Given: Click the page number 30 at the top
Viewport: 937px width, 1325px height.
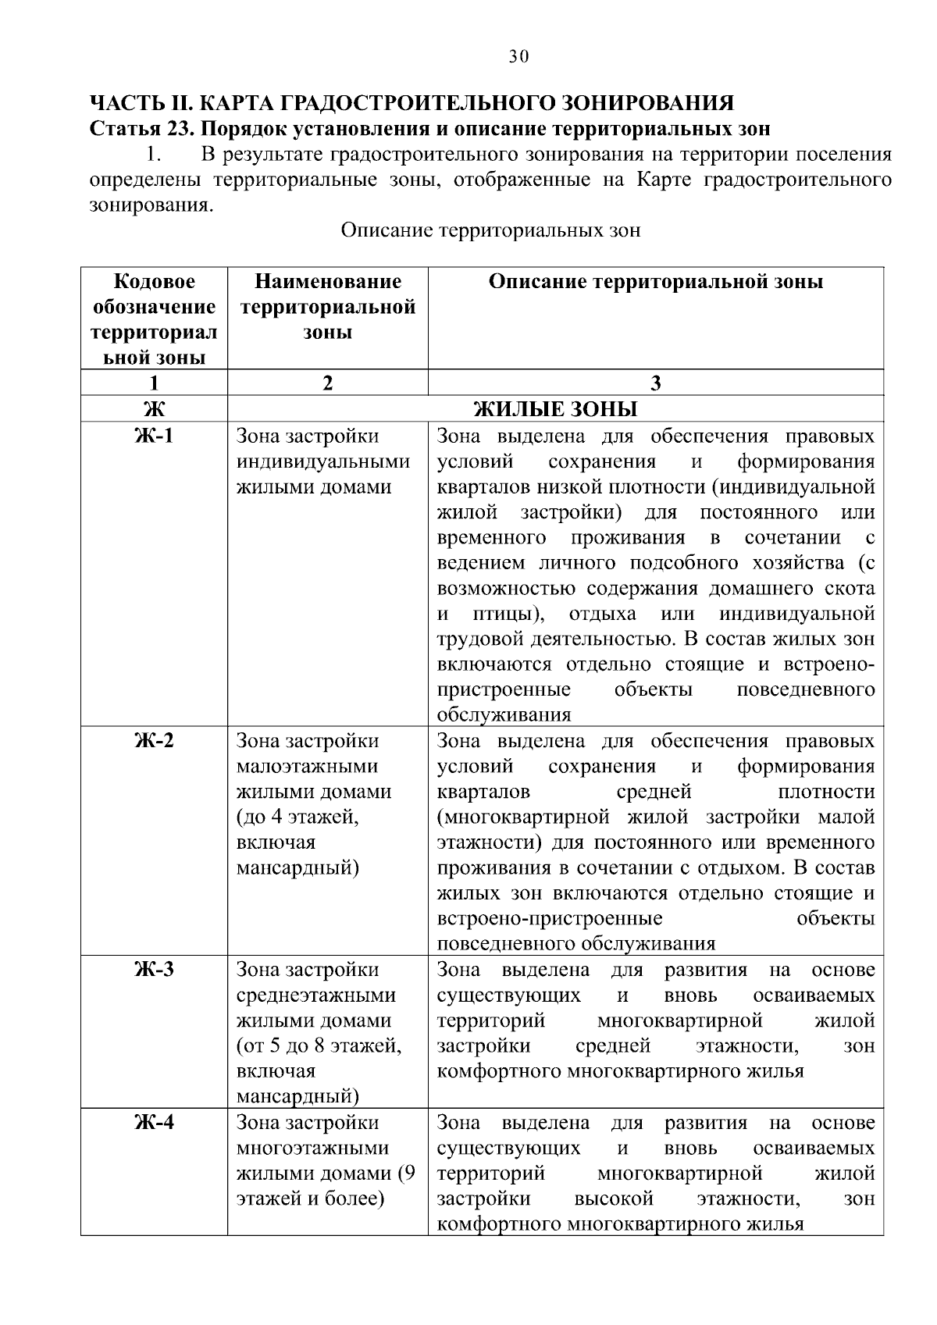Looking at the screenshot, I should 518,56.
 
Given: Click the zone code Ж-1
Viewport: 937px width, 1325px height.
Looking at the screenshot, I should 154,436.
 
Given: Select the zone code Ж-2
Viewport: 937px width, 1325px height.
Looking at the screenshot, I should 154,740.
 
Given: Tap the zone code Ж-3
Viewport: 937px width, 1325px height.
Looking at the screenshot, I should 154,970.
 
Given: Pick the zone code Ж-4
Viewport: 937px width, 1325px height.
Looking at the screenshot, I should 154,1123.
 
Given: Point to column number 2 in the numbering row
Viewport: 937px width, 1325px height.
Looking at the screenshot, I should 327,383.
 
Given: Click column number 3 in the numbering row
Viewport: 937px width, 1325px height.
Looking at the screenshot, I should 656,383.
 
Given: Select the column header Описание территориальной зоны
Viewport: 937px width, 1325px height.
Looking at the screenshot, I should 656,282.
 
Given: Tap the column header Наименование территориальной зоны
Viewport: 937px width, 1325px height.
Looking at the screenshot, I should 327,307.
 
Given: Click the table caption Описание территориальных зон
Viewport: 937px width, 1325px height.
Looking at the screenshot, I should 490,230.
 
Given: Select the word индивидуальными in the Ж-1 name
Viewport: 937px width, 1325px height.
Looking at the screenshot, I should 322,461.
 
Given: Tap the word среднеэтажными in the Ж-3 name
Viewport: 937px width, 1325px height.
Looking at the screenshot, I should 315,996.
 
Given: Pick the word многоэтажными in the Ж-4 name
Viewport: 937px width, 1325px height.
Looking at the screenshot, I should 312,1149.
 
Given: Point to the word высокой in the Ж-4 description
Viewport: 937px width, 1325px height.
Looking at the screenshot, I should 613,1199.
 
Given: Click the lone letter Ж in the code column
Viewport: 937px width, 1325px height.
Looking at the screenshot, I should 154,409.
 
